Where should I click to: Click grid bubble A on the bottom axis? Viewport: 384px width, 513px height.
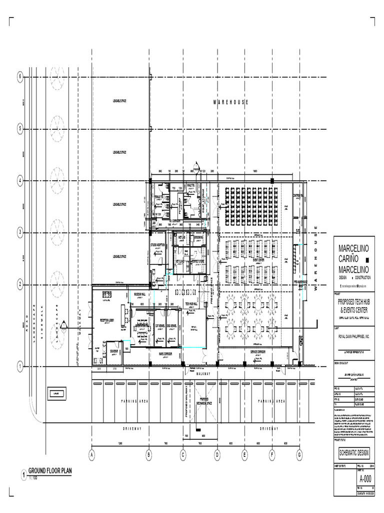[91, 455]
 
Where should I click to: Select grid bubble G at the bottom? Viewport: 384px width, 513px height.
[299, 455]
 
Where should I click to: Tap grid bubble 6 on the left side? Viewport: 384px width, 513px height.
[20, 77]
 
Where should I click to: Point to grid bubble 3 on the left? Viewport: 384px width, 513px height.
[20, 232]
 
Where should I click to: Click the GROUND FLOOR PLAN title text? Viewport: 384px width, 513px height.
[49, 471]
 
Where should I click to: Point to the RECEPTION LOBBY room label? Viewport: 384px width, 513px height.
[110, 320]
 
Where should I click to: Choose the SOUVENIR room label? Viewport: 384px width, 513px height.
[116, 351]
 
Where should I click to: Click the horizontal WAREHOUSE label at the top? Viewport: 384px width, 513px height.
[230, 102]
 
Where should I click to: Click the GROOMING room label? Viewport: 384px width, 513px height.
[198, 237]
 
